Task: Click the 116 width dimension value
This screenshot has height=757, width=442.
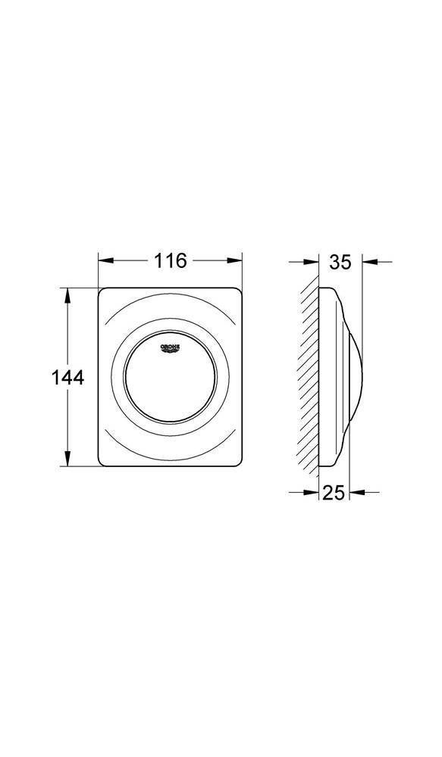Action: [x=171, y=261]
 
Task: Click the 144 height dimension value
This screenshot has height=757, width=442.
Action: [x=69, y=377]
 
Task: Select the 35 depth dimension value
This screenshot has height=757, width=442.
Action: [x=341, y=262]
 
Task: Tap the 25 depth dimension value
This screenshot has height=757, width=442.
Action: [x=334, y=493]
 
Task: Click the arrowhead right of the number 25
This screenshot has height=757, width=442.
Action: [x=354, y=492]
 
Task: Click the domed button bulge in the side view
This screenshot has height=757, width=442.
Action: [x=355, y=376]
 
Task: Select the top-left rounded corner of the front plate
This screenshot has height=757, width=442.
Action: [x=102, y=291]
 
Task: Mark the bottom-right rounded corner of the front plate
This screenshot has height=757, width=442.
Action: [x=237, y=462]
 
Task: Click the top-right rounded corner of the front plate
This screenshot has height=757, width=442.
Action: [x=237, y=291]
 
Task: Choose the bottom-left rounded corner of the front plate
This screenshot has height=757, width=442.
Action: [x=102, y=462]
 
